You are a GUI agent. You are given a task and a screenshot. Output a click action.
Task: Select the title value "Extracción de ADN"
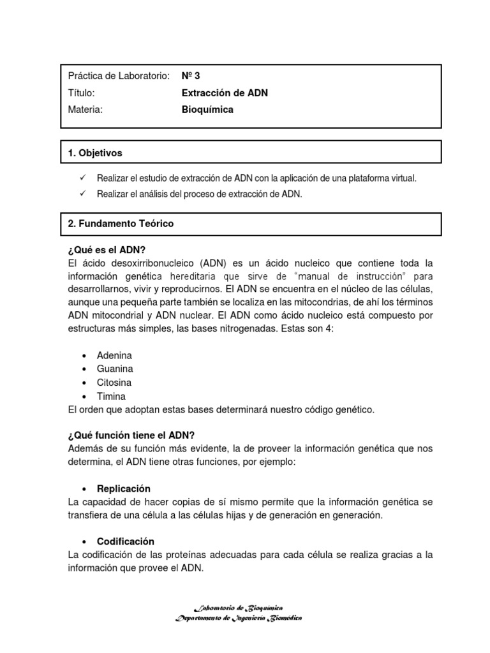click(x=225, y=92)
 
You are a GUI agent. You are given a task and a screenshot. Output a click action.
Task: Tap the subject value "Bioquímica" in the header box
click(x=207, y=109)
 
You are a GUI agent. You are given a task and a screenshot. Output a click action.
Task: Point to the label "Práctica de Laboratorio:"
click(x=119, y=76)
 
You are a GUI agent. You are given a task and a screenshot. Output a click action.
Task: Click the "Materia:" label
click(x=85, y=109)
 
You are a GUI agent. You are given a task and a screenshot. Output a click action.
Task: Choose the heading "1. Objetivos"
click(x=94, y=153)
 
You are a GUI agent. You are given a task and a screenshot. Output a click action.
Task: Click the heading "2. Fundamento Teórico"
click(x=120, y=224)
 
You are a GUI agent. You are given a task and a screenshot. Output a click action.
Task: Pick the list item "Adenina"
click(x=114, y=355)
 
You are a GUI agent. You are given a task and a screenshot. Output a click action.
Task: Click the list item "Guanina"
click(x=115, y=369)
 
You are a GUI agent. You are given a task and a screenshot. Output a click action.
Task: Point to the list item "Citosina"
click(x=114, y=382)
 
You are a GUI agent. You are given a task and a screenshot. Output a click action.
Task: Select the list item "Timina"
click(x=111, y=396)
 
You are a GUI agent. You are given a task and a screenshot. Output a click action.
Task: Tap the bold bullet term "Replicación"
click(x=124, y=488)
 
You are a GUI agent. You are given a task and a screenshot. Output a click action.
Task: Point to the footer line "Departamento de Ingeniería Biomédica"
click(x=239, y=618)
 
